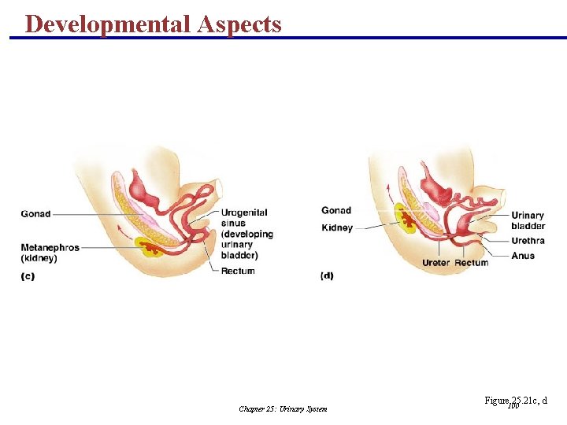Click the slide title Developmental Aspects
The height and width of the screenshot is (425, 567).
153,24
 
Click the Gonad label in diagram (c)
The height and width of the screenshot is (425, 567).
35,213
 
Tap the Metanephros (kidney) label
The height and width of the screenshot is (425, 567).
50,253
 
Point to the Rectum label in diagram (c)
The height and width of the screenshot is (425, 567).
238,272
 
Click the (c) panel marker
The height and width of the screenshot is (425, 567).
28,276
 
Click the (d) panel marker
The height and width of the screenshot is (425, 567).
327,276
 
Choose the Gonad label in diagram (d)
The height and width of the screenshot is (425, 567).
336,210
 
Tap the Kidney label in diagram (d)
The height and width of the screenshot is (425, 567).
337,227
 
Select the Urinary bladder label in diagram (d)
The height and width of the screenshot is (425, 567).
528,220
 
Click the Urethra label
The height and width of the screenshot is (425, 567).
528,241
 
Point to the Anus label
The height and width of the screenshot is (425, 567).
522,256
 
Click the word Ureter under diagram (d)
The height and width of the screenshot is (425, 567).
436,262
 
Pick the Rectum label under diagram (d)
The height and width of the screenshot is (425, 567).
471,262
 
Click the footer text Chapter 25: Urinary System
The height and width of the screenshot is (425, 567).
283,409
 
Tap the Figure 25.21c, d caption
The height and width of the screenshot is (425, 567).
516,401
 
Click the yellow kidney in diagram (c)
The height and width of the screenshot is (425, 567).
150,246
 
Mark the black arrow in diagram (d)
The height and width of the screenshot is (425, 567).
389,189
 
